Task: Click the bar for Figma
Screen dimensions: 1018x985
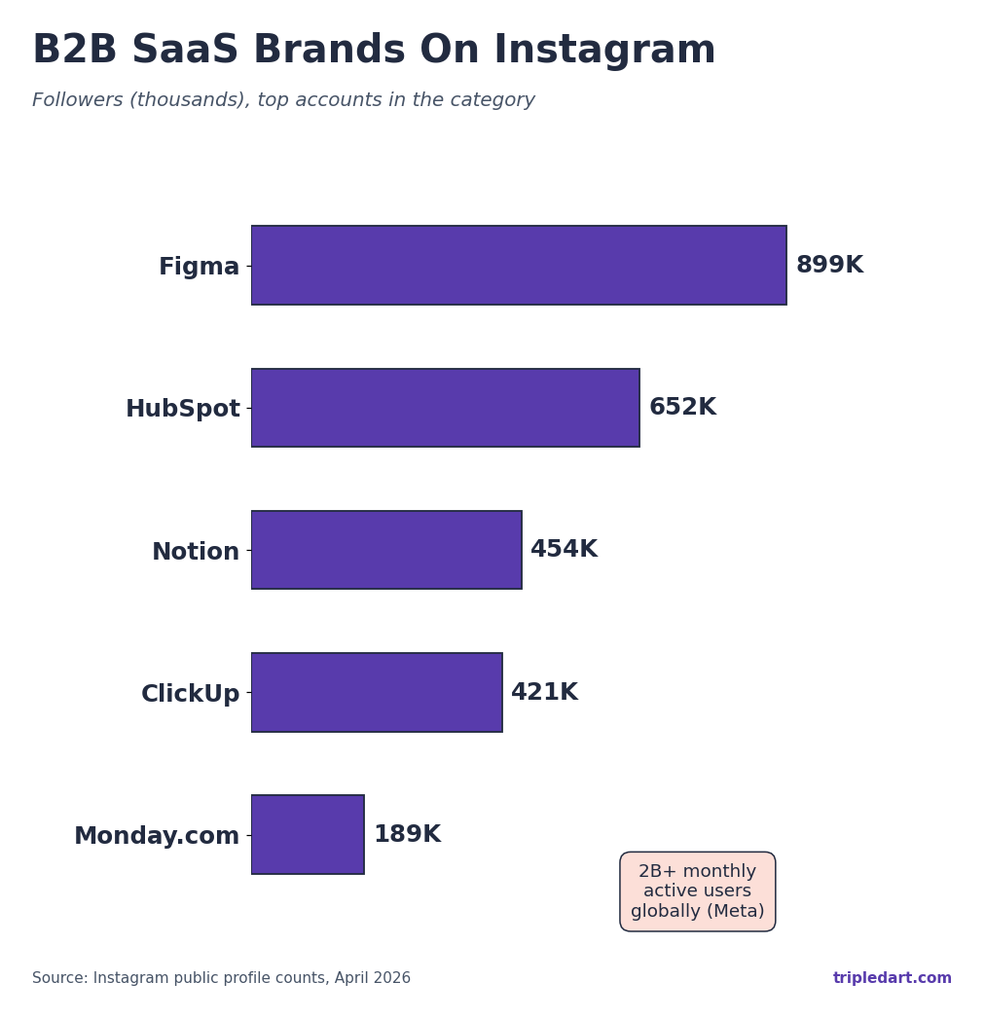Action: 519,266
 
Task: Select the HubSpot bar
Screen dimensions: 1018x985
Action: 445,408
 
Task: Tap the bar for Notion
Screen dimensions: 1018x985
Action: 386,550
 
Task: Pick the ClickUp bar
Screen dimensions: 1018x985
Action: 377,692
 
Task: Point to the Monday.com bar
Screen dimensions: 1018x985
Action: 308,835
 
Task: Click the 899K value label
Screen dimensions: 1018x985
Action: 829,266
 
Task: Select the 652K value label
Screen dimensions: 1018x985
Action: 682,408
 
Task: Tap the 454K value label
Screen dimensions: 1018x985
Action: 564,550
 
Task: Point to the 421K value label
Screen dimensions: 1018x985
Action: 544,693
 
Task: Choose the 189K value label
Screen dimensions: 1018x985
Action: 407,835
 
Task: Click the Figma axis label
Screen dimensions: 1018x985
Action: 199,268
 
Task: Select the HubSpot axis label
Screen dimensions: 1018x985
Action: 182,410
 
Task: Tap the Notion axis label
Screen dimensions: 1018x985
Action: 195,553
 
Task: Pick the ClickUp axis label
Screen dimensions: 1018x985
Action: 190,695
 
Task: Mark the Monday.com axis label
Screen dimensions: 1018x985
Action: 157,837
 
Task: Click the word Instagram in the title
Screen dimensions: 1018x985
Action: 604,51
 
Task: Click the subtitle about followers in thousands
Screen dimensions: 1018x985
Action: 283,100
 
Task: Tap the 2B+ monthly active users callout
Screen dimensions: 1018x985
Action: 697,891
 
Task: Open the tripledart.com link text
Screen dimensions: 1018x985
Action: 892,978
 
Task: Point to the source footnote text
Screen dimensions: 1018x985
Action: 221,978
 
